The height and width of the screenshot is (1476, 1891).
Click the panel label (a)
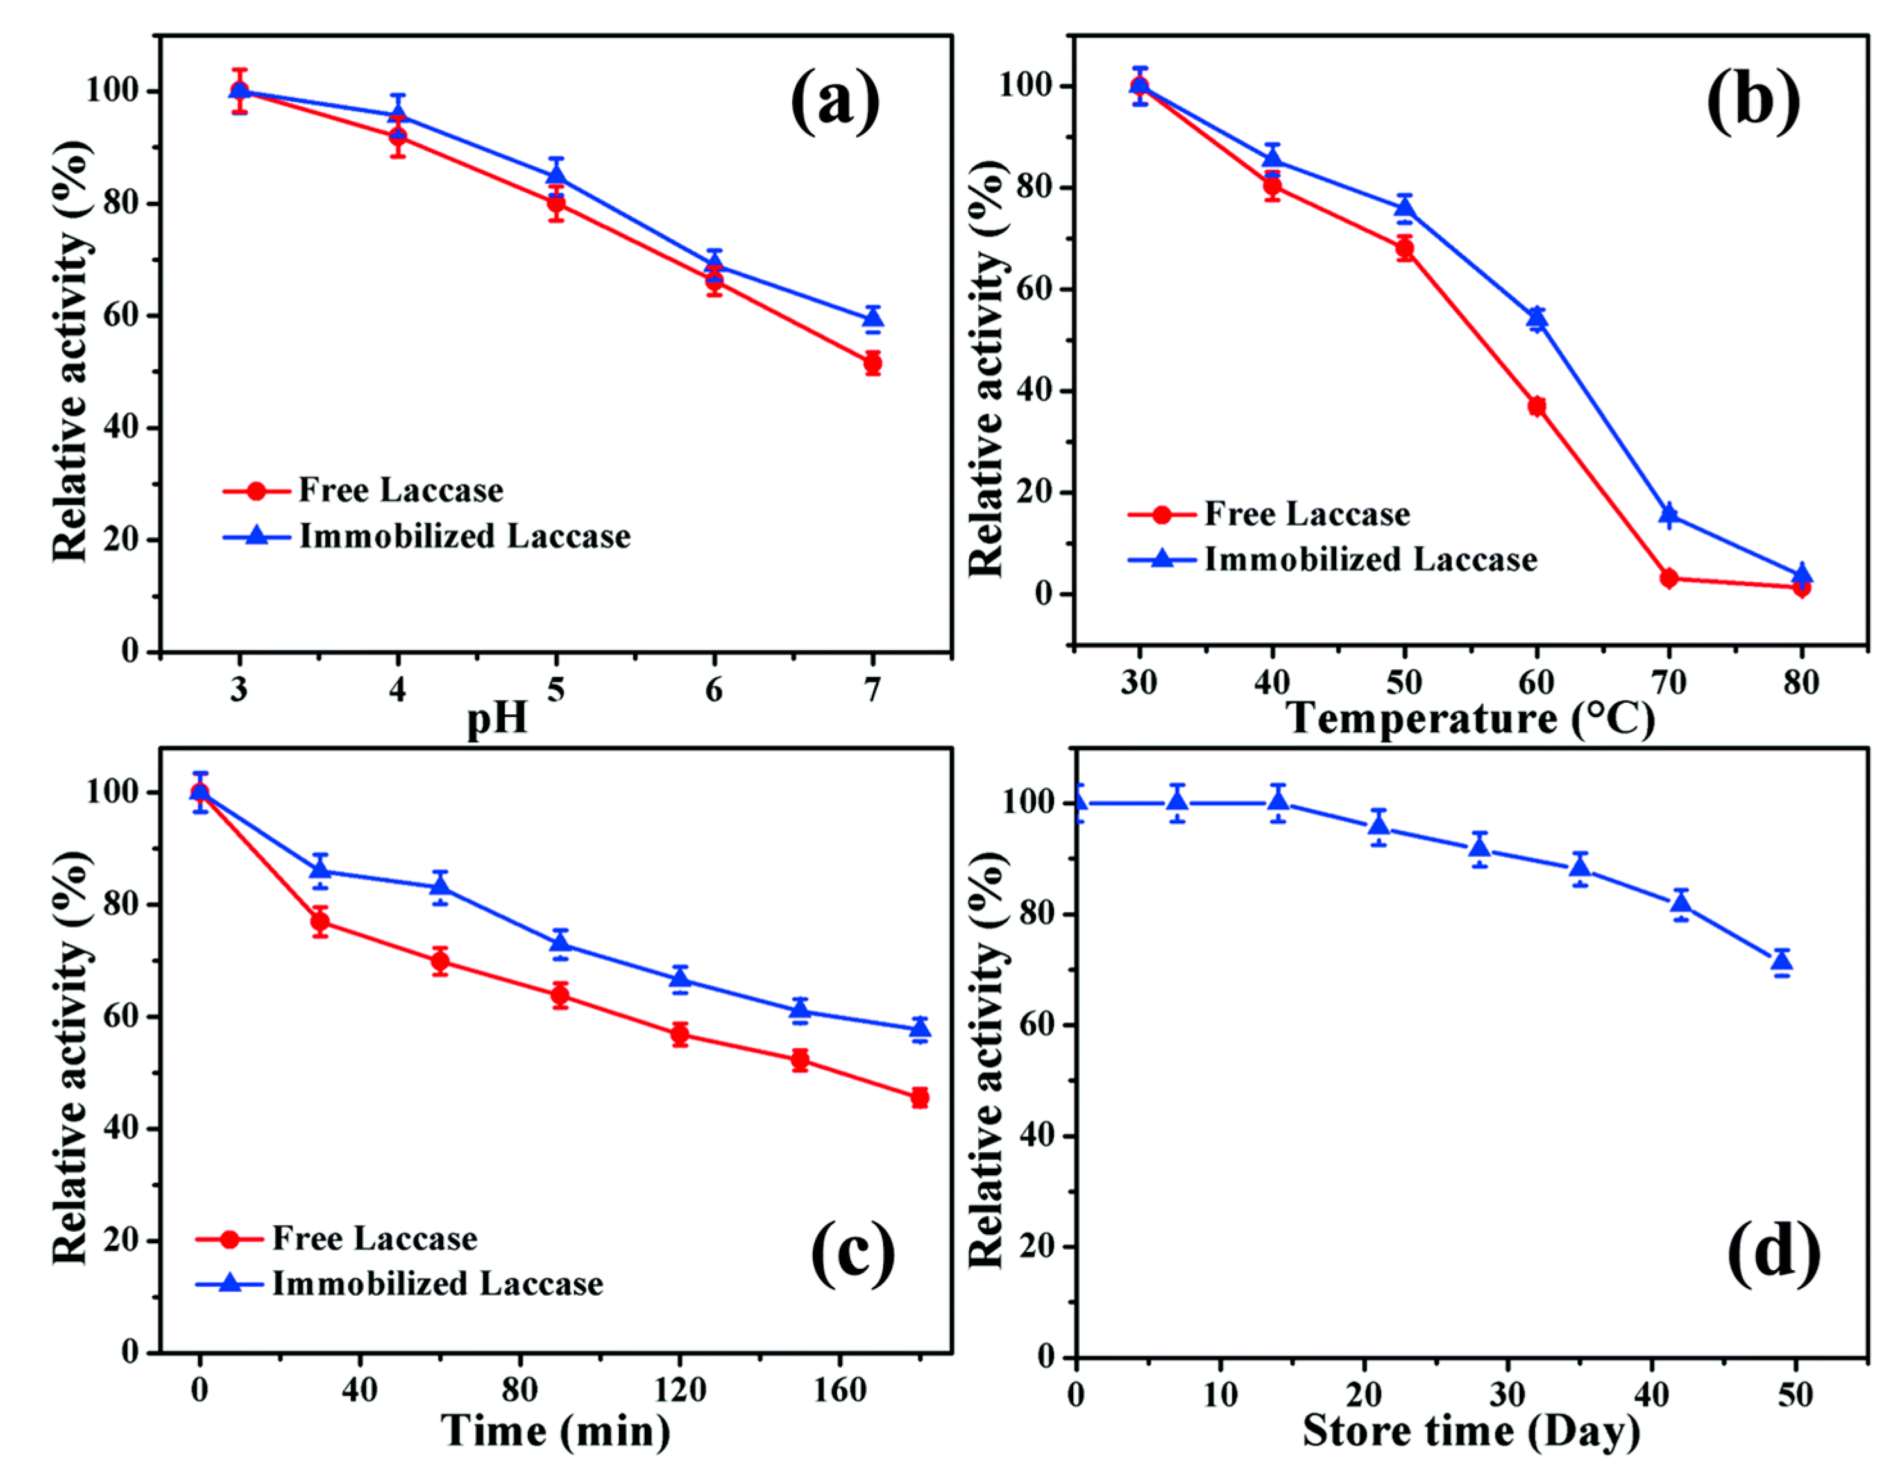tap(835, 103)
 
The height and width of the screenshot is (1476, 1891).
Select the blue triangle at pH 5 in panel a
tap(556, 175)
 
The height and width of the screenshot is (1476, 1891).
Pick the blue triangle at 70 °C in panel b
tap(1668, 514)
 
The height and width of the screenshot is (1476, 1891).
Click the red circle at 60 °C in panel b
tap(1537, 406)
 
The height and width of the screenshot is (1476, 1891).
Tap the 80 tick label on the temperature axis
tap(1801, 683)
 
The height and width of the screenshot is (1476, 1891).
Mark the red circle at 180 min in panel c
tap(920, 1098)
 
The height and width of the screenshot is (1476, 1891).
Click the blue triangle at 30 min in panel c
tap(320, 869)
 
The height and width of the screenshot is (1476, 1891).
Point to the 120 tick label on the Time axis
tap(680, 1389)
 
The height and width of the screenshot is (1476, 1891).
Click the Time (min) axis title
tap(556, 1430)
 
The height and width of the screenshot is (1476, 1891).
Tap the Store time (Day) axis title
tap(1471, 1430)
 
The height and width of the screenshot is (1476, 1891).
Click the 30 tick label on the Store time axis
tap(1508, 1395)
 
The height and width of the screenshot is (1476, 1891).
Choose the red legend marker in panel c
tap(230, 1239)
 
